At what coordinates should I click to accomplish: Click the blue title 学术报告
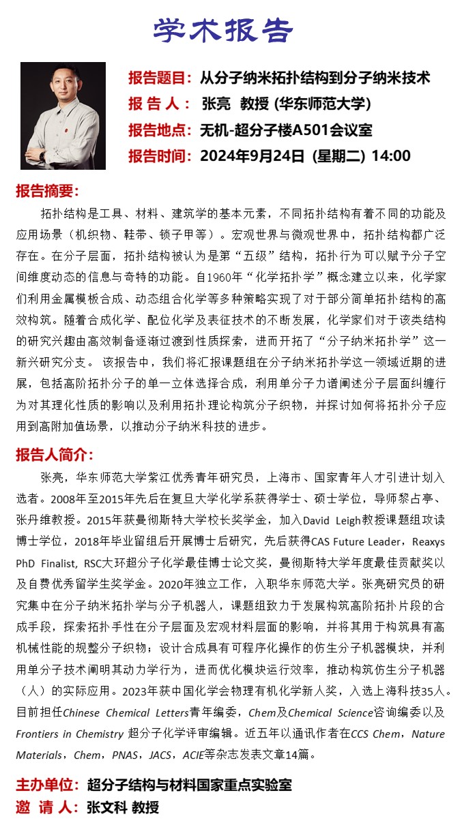pyautogui.click(x=222, y=30)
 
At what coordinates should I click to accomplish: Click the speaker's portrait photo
pyautogui.click(x=63, y=116)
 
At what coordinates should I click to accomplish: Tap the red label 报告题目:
pyautogui.click(x=160, y=78)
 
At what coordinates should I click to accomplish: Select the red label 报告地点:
pyautogui.click(x=160, y=130)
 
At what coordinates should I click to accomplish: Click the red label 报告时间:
pyautogui.click(x=160, y=156)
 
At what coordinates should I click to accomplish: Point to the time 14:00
pyautogui.click(x=390, y=156)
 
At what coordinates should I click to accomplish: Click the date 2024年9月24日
pyautogui.click(x=252, y=156)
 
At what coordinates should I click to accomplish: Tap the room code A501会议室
pyautogui.click(x=333, y=130)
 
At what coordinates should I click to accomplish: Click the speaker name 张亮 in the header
pyautogui.click(x=217, y=104)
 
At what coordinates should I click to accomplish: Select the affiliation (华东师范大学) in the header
pyautogui.click(x=322, y=104)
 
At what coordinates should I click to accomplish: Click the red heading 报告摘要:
pyautogui.click(x=48, y=191)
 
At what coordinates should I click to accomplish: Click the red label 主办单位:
pyautogui.click(x=48, y=785)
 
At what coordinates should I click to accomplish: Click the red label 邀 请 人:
pyautogui.click(x=48, y=808)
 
